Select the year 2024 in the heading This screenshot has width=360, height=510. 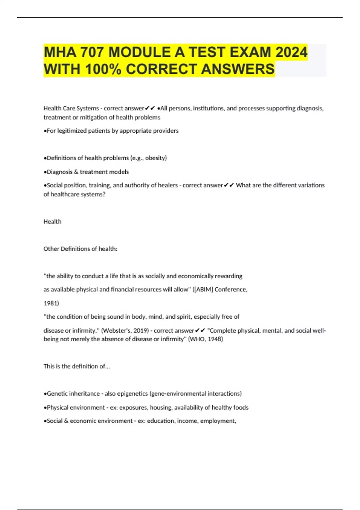pos(291,52)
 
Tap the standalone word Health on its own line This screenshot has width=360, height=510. pos(52,222)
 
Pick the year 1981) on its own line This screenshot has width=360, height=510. pos(51,303)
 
